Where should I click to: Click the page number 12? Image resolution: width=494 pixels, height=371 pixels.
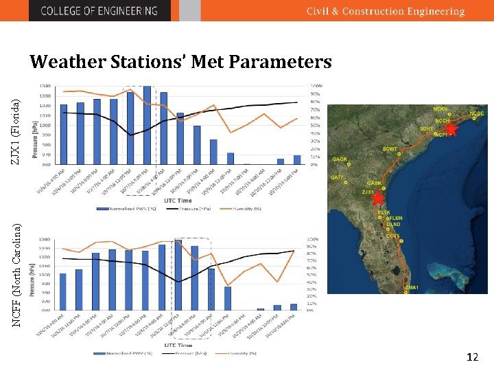[471, 357]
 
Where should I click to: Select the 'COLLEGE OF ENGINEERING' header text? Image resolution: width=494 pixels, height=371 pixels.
[99, 11]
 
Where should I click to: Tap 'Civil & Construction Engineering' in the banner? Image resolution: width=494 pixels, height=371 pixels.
[385, 11]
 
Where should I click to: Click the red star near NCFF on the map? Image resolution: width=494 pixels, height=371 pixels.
[451, 128]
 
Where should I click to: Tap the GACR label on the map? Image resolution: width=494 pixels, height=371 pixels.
[340, 159]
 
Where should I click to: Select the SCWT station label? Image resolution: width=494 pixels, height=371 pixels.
[390, 149]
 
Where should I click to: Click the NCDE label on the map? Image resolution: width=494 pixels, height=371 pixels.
[476, 113]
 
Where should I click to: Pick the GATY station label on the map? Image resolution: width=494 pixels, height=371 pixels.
[337, 177]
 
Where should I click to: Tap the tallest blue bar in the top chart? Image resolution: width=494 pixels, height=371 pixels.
[147, 125]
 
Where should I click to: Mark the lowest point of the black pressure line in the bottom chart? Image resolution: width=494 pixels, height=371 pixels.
[178, 282]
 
